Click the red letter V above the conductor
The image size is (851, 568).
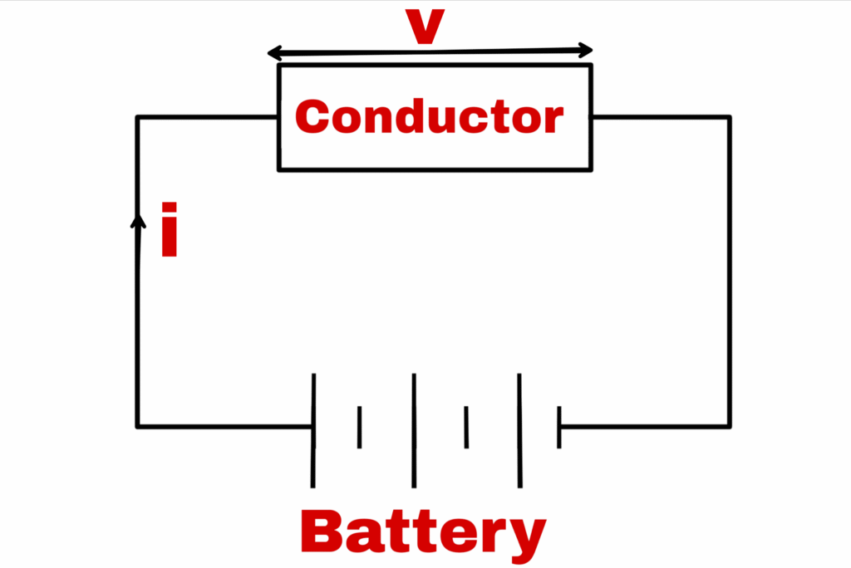(425, 27)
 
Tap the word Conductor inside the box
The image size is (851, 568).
(429, 118)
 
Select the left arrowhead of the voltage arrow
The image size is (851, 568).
(273, 55)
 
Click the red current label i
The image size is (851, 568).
(170, 229)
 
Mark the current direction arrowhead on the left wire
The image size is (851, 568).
(138, 221)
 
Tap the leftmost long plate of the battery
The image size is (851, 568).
(313, 429)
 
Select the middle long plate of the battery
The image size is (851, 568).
(413, 429)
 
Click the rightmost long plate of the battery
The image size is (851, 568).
(520, 429)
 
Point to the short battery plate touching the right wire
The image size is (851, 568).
(559, 427)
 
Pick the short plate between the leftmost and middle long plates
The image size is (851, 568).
(359, 427)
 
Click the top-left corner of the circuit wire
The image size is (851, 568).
(138, 118)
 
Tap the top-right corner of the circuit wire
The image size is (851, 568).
(730, 118)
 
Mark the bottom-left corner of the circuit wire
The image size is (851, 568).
(138, 427)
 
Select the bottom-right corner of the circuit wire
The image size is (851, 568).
(730, 427)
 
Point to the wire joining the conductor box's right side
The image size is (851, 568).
(661, 117)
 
